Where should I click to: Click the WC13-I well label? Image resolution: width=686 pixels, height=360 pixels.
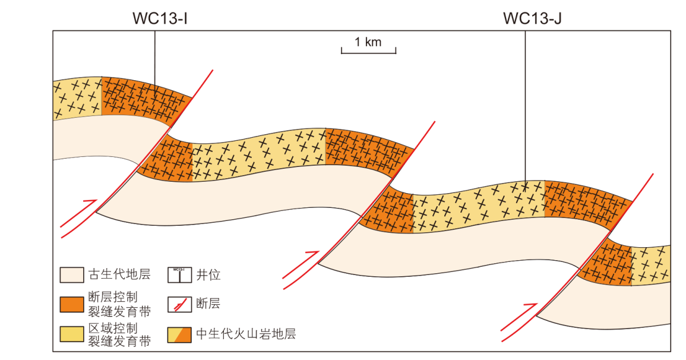click(156, 18)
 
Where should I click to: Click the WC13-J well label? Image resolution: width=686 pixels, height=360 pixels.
click(532, 18)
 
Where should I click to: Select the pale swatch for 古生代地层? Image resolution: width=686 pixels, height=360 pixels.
click(71, 274)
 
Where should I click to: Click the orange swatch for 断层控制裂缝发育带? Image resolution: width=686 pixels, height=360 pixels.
click(71, 304)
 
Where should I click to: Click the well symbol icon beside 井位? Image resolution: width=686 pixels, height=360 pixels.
click(179, 274)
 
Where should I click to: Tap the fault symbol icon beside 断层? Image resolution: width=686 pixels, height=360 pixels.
click(179, 304)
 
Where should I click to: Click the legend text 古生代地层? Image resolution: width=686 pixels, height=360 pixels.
click(119, 274)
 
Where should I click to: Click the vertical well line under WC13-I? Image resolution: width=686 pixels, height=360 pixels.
click(155, 59)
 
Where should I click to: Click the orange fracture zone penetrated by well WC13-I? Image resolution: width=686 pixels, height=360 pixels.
click(143, 96)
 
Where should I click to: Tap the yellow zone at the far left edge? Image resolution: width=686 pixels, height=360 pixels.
click(77, 98)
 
